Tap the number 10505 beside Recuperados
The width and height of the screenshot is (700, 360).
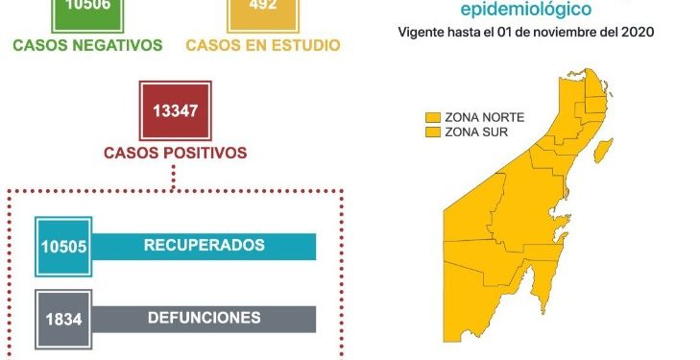64,246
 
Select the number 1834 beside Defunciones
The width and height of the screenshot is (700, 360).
63,318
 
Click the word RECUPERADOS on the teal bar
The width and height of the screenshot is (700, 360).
204,245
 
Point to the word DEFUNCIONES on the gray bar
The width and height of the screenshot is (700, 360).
204,317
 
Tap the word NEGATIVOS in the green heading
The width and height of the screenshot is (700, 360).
118,45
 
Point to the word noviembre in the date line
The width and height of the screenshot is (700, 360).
571,33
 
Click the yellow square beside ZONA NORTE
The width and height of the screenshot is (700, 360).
433,116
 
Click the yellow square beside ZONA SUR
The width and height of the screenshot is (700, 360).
433,131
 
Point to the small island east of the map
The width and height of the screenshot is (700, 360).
604,150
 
